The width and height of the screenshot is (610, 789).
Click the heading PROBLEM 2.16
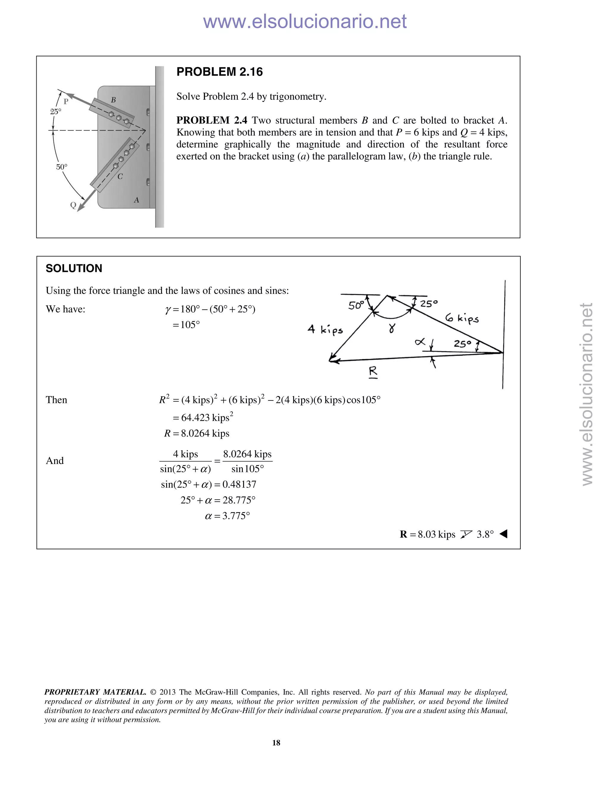tap(219, 72)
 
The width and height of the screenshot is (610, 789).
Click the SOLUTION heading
tap(74, 269)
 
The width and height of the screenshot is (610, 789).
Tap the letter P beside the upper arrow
tap(66, 102)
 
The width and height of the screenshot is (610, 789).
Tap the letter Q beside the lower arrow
tap(73, 205)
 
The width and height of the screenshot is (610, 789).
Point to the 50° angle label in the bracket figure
tap(61, 167)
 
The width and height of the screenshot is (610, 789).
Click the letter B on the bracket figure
tap(113, 100)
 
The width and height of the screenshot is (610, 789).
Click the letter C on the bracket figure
tap(120, 176)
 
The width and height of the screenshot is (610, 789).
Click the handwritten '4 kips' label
tap(325, 330)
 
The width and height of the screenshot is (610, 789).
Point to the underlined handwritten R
tap(373, 372)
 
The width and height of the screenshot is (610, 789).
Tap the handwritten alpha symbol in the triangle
tap(420, 341)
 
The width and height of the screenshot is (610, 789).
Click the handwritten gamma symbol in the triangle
tap(392, 328)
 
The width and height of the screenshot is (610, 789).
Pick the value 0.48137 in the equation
tap(239, 484)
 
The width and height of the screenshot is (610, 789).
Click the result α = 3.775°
tap(227, 516)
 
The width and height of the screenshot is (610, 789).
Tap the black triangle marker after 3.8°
tap(503, 534)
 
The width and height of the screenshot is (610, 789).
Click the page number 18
tap(276, 743)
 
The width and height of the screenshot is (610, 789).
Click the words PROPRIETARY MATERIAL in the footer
tap(95, 692)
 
